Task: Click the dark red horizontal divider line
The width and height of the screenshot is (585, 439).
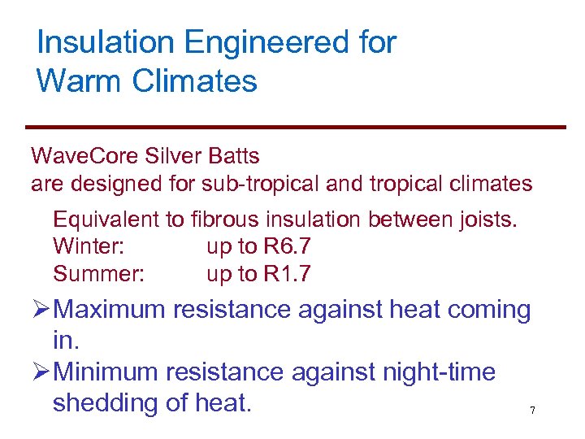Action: [x=295, y=127]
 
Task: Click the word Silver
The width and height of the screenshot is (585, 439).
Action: [x=171, y=154]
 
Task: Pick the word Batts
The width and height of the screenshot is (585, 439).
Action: [x=234, y=154]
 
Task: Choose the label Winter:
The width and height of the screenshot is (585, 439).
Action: [x=89, y=246]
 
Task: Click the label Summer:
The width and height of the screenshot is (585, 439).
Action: [x=98, y=274]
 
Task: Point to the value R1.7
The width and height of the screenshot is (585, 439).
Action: [x=287, y=274]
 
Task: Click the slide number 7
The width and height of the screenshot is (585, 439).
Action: [x=532, y=411]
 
